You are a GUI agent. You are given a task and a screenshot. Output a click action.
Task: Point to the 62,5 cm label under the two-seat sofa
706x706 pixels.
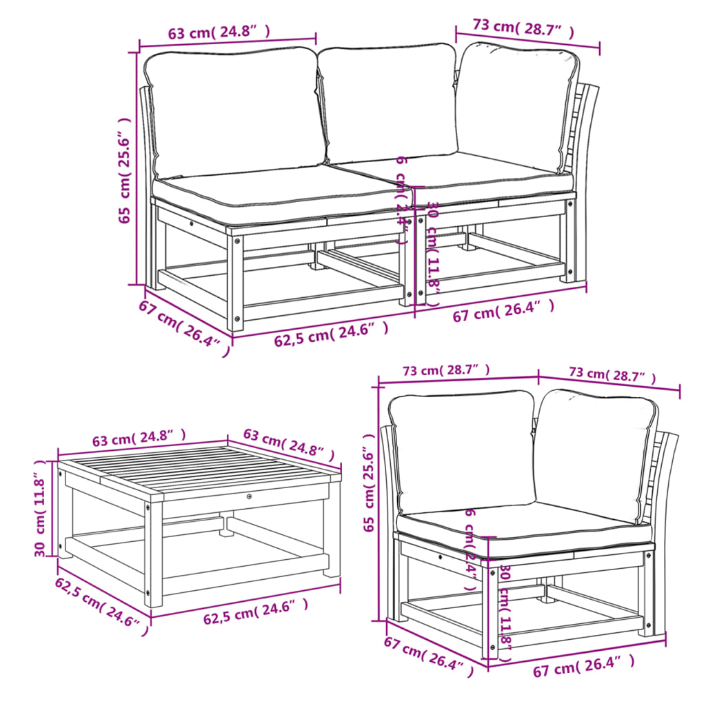[332, 334]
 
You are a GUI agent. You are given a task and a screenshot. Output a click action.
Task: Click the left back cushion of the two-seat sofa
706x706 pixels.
[234, 110]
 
